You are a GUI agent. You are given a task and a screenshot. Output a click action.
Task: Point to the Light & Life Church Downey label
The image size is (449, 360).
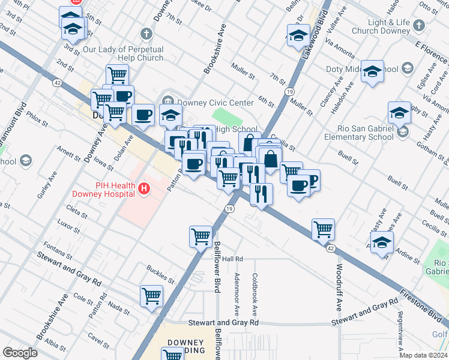tap(389, 26)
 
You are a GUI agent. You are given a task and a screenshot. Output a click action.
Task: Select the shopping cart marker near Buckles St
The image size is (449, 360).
tap(151, 295)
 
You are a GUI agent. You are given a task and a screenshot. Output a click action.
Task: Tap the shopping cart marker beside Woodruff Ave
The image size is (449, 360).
tap(323, 228)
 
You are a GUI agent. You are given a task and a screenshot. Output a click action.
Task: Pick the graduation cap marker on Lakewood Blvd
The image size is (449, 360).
tap(298, 35)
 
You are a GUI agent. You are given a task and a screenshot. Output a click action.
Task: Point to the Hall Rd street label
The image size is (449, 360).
tap(232, 259)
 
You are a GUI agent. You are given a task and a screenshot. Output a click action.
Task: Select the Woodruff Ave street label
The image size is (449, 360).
tap(339, 287)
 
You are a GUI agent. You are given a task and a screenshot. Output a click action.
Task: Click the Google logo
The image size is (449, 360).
tap(20, 353)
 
